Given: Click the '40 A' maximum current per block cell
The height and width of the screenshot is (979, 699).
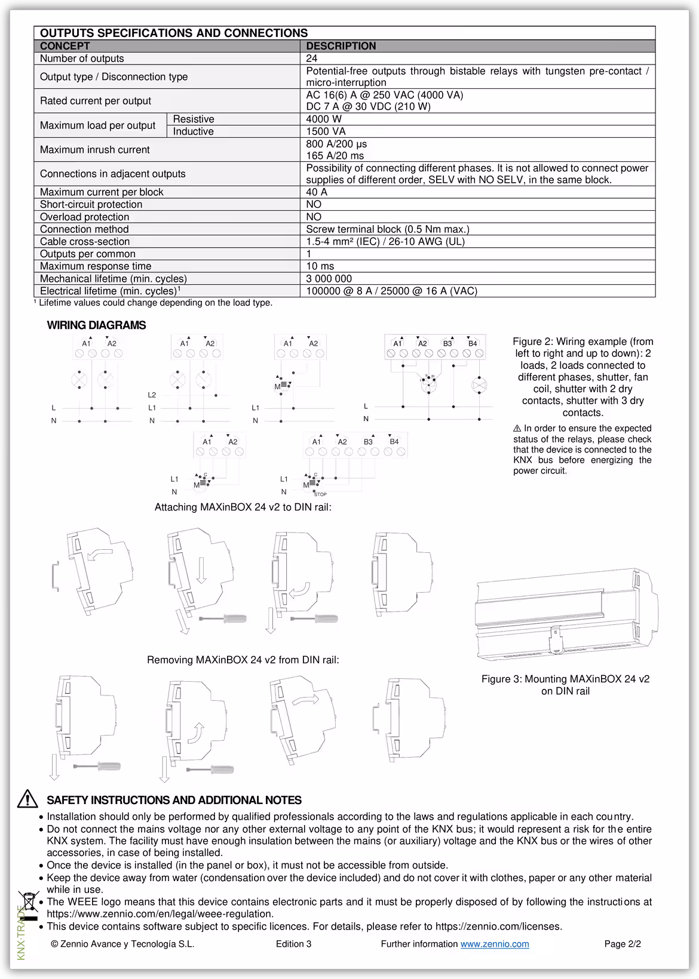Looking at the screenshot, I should pos(317,192).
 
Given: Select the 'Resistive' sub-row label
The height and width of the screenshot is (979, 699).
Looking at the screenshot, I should pos(194,119).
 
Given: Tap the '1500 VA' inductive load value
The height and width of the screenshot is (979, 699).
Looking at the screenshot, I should pos(326,131).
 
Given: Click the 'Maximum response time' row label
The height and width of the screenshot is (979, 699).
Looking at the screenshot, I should pos(96,266).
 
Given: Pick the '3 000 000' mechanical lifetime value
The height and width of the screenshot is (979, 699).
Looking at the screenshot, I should pos(329,279).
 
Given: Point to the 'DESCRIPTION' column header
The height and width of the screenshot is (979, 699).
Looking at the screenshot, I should pos(341,46).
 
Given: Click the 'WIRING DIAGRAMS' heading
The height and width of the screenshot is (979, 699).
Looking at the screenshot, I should pos(96,325).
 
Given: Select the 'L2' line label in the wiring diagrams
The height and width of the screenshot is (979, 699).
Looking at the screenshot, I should pos(152,395).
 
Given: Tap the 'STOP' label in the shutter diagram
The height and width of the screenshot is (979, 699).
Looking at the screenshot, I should pos(320,494).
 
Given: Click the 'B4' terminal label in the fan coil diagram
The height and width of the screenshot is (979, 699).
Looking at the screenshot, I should pos(473,343).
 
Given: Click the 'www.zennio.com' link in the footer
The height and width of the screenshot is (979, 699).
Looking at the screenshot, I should pos(494,944).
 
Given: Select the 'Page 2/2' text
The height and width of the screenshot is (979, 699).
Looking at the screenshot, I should pos(623,944).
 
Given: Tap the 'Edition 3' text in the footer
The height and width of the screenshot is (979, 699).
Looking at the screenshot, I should pos(293,944).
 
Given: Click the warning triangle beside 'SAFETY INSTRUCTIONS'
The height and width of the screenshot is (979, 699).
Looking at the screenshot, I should pos(27,799).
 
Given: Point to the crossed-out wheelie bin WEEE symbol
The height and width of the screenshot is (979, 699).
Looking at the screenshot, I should pos(28,901).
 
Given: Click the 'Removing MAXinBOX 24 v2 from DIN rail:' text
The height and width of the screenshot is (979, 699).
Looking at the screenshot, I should pos(243,660).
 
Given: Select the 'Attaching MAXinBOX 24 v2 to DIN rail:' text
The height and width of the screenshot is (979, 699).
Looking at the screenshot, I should pos(243,507).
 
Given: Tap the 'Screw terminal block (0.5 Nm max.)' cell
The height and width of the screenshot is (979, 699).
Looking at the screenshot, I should pos(387,229).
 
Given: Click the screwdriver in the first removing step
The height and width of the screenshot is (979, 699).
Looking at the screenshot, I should pos(97,766).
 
